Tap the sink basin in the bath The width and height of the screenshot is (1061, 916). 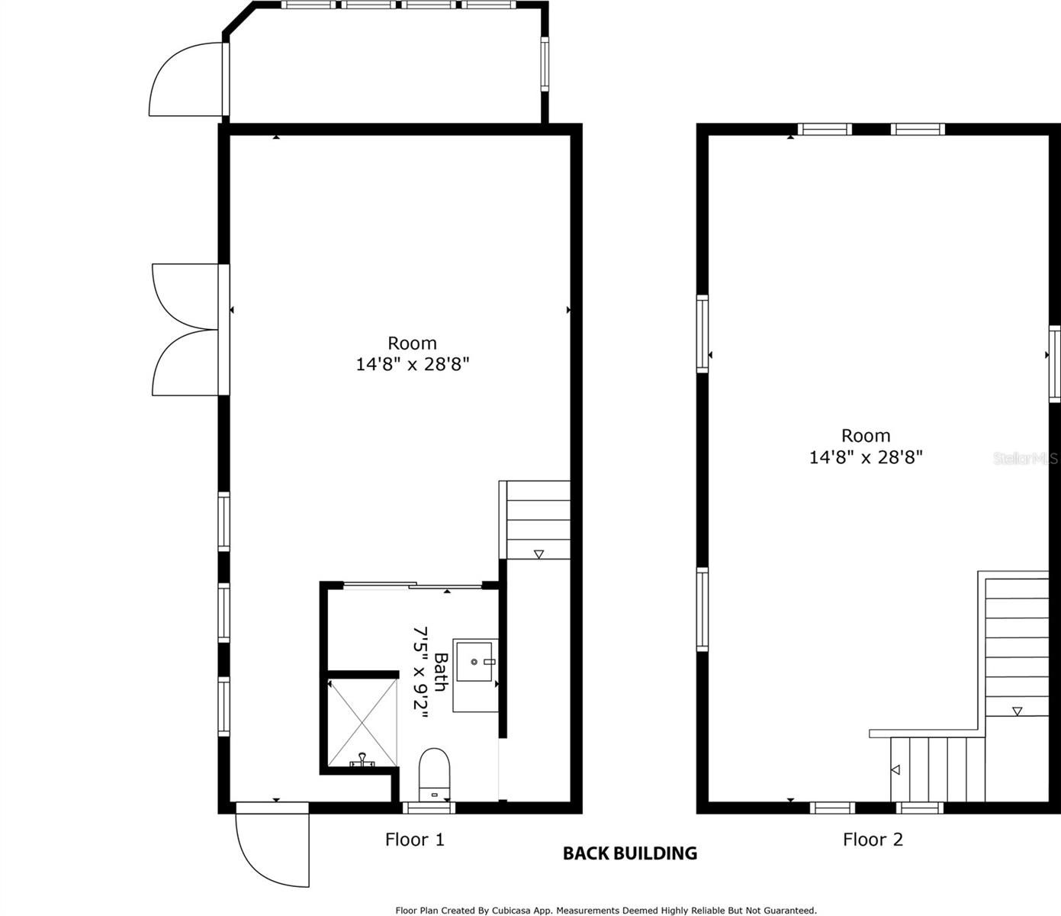pos(474,661)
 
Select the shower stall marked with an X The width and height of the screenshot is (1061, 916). pos(362,722)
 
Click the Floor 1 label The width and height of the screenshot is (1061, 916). pos(415,840)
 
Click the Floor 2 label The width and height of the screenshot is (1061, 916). pos(873,840)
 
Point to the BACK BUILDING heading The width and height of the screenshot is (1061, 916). pos(630,853)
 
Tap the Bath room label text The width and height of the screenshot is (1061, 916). pos(441,672)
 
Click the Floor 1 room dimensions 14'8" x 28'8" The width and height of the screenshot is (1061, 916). pos(413,364)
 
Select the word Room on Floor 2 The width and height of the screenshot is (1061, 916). pos(866,436)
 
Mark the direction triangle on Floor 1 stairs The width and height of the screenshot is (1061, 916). pos(539,554)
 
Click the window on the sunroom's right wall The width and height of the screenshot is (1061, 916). pos(545,64)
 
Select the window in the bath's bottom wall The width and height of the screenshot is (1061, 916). pos(429,808)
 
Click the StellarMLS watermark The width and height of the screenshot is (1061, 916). pos(1026,458)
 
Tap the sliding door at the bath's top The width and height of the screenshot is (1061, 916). pos(413,585)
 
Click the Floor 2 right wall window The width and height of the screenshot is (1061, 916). pos(1055,364)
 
